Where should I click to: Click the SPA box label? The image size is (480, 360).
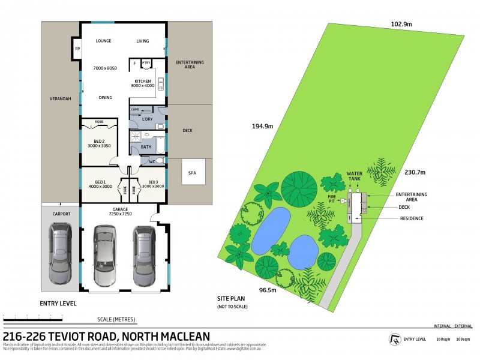pyautogui.click(x=192, y=173)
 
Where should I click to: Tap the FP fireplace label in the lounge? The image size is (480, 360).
pyautogui.click(x=77, y=49)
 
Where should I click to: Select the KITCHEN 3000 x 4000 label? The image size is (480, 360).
pyautogui.click(x=142, y=83)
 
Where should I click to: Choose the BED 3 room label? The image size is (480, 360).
pyautogui.click(x=152, y=184)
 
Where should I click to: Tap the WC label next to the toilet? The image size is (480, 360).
pyautogui.click(x=144, y=161)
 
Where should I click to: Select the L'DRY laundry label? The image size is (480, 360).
pyautogui.click(x=146, y=119)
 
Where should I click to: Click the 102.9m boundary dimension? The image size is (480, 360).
pyautogui.click(x=384, y=24)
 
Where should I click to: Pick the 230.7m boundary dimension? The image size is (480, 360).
pyautogui.click(x=414, y=172)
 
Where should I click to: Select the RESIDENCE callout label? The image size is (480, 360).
pyautogui.click(x=412, y=218)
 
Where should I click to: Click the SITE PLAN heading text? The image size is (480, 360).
pyautogui.click(x=232, y=298)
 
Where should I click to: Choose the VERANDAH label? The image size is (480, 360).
pyautogui.click(x=61, y=99)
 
